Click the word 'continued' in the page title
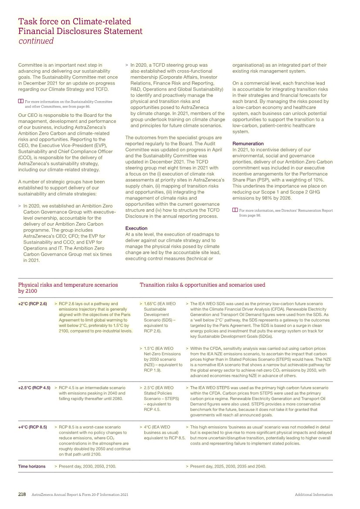pos(36,41)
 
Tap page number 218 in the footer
pos(22,495)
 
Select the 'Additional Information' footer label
pos(313,495)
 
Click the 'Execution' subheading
pos(136,228)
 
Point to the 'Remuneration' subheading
pos(248,143)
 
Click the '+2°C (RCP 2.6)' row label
pos(33,303)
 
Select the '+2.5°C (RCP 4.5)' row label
pos(34,387)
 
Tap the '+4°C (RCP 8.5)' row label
pos(33,427)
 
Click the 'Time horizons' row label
pos(32,466)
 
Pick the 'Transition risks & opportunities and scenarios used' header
pos(202,285)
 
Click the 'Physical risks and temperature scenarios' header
pos(68,285)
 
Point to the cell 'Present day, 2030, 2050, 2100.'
pos(87,466)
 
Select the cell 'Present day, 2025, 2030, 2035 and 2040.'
pos(228,466)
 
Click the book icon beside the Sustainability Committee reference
pos(20,101)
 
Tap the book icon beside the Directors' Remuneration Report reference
pos(235,210)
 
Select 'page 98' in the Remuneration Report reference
pos(254,215)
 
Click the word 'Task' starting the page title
pos(27,21)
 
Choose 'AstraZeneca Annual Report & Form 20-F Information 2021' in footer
pos(80,495)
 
